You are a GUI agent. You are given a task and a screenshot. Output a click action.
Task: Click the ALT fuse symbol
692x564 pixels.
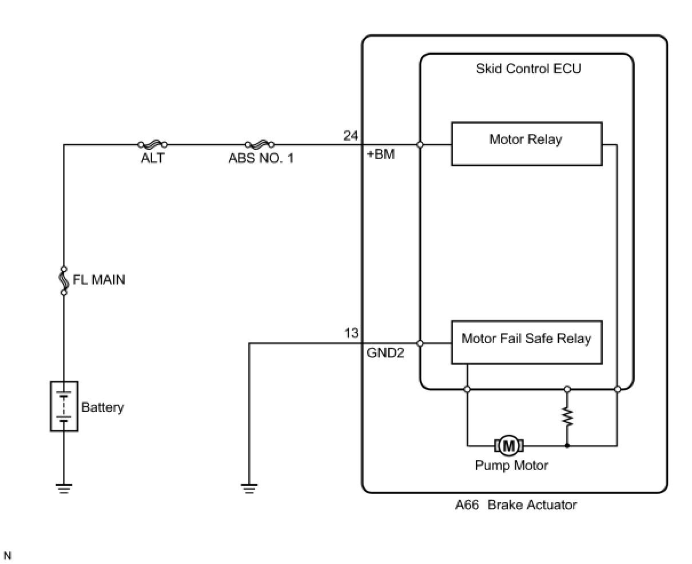pos(153,145)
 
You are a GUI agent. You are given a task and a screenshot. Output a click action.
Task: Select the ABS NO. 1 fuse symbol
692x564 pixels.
pos(260,145)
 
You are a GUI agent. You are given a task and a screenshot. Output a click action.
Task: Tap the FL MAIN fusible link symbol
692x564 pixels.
pos(64,280)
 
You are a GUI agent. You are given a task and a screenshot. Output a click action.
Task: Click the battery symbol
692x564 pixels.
pos(64,406)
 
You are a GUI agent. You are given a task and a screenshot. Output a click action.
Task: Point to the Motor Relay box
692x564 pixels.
pos(526,144)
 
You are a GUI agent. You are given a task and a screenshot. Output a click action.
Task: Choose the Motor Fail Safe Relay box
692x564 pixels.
pos(526,342)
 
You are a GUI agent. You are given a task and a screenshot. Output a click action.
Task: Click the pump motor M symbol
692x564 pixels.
pos(508,445)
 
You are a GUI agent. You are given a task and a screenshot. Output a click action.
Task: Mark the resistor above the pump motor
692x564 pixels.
pos(567,416)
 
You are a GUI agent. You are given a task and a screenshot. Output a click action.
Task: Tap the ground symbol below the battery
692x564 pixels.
pos(64,488)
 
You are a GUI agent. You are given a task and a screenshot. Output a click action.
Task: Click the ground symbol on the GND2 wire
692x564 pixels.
pos(249,488)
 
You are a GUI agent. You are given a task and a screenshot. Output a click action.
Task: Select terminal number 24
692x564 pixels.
pos(351,136)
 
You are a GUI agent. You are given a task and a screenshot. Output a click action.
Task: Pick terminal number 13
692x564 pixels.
pos(351,333)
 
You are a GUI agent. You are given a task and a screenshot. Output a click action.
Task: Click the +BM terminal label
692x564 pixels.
pos(381,154)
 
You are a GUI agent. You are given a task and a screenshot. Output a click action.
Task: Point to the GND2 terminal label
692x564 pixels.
pos(385,353)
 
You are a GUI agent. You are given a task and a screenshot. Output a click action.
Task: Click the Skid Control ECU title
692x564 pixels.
pos(528,69)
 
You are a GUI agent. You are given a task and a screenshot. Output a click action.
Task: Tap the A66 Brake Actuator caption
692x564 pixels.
pos(516,505)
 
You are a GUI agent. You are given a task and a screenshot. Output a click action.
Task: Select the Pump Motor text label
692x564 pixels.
pos(511,466)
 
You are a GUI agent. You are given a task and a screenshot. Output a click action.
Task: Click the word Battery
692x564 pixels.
pos(102,407)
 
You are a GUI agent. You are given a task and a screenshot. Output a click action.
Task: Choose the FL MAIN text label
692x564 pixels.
pos(99,280)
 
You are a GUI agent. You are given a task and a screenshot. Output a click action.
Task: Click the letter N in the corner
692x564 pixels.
pos(7,555)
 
